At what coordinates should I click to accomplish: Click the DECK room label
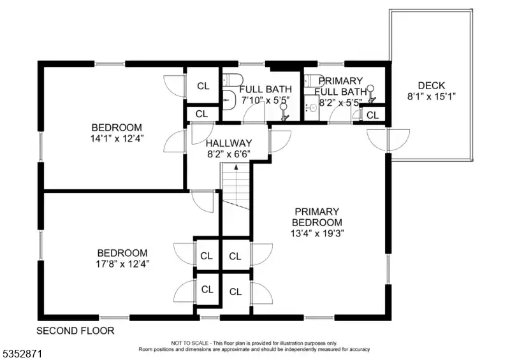click(x=432, y=85)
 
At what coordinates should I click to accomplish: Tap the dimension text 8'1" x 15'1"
click(x=432, y=97)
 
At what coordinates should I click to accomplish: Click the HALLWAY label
click(x=229, y=143)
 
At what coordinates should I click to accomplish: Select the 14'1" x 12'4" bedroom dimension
click(x=117, y=138)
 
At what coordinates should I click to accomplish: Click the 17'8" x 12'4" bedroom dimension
click(x=122, y=264)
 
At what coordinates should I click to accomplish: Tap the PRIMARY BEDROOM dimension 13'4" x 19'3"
click(x=317, y=233)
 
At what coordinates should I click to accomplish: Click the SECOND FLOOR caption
click(x=75, y=331)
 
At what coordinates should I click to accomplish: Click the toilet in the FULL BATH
click(x=233, y=80)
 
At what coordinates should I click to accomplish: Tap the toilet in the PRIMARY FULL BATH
click(x=313, y=81)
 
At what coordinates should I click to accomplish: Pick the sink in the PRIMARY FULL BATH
click(x=312, y=108)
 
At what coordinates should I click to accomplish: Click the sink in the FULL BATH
click(x=229, y=100)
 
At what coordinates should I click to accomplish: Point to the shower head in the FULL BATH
click(x=284, y=112)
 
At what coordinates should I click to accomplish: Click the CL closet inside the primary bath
click(x=373, y=115)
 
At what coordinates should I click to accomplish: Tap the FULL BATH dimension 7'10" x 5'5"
click(x=265, y=100)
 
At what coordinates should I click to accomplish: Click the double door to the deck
click(x=388, y=140)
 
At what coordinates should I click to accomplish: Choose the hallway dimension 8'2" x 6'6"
click(x=229, y=154)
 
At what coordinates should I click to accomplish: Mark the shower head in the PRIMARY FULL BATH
click(x=371, y=94)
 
